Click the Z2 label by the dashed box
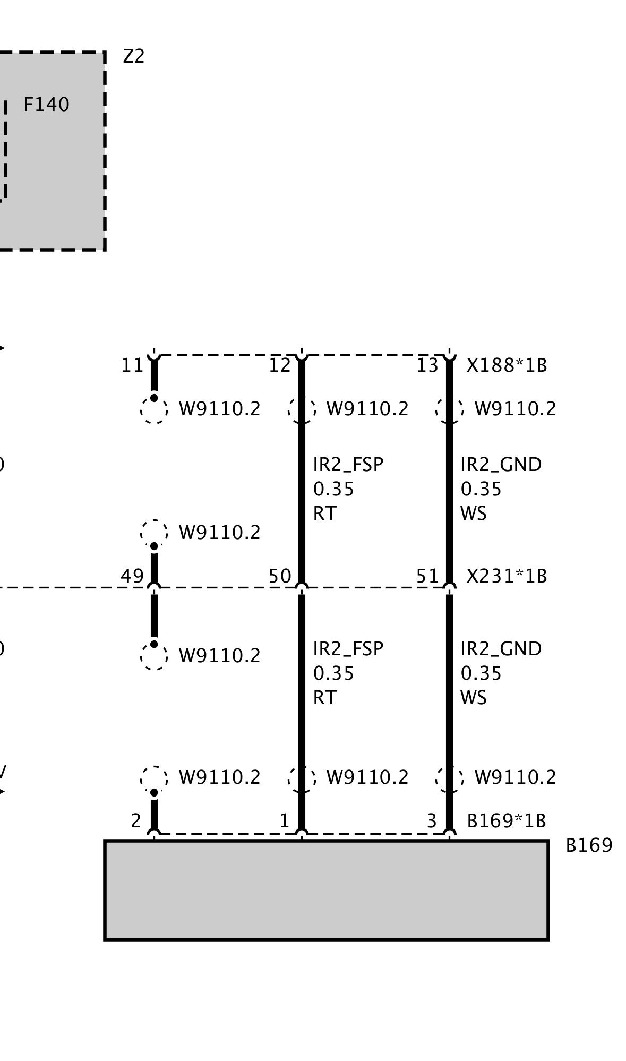(x=133, y=56)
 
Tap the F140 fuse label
(x=46, y=105)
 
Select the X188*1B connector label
(x=506, y=365)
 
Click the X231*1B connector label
(x=506, y=576)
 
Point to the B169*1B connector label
(x=506, y=821)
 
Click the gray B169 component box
(x=326, y=890)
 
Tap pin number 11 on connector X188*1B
(x=132, y=365)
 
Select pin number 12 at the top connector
(x=279, y=365)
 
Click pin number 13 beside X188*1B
(x=427, y=365)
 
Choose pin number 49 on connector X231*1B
(x=132, y=576)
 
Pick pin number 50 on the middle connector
(x=279, y=576)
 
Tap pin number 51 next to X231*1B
(x=427, y=576)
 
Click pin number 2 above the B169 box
(x=136, y=821)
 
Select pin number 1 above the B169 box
(x=284, y=821)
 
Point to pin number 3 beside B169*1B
(x=432, y=821)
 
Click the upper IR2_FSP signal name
(x=348, y=465)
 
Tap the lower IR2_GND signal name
(x=501, y=649)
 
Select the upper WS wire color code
(x=473, y=514)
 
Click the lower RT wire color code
(x=324, y=698)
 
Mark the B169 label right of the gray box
(x=589, y=845)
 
